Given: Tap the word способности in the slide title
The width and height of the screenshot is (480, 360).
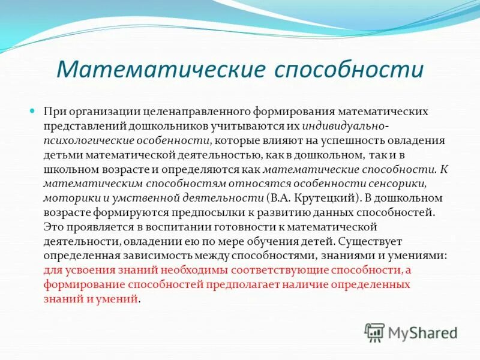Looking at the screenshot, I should [349, 70].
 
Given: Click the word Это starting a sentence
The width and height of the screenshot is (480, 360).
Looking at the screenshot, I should [53, 227].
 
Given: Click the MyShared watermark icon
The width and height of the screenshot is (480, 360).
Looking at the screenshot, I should [374, 332].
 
